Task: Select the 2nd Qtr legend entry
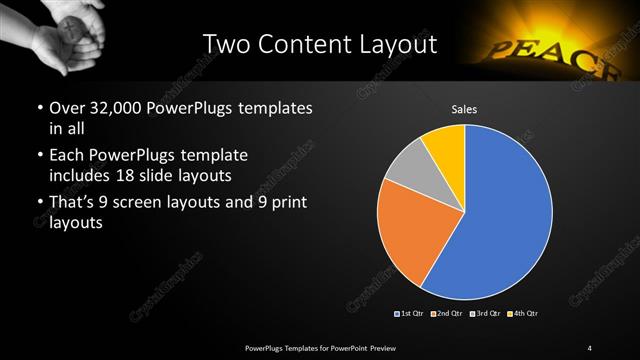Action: click(448, 314)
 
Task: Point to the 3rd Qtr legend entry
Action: click(485, 314)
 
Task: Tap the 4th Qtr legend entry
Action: click(522, 314)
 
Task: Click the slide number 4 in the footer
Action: click(590, 347)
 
